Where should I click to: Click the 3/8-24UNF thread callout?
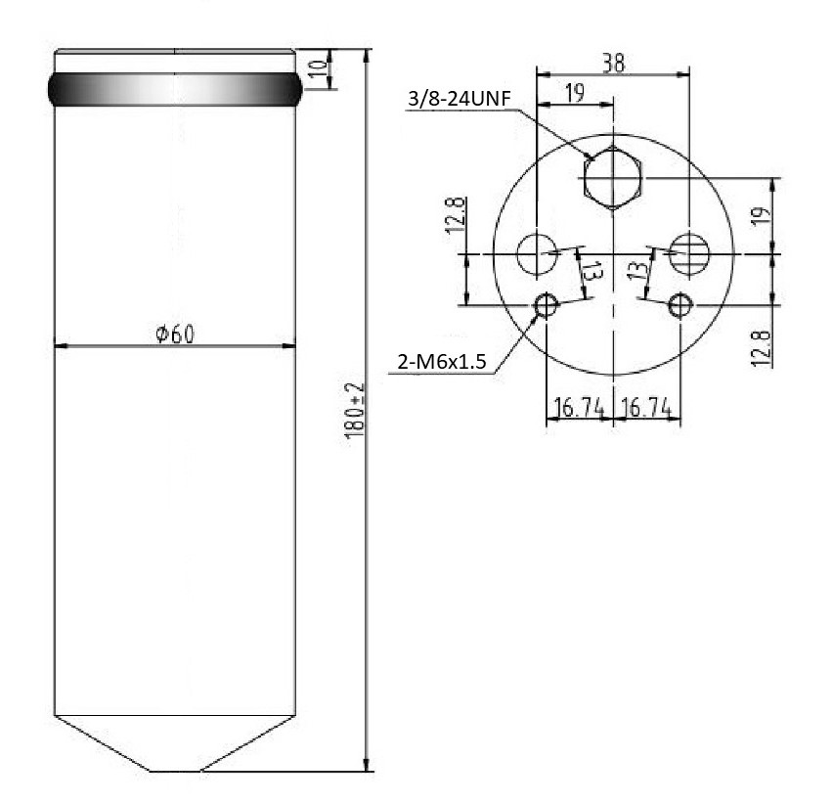(459, 99)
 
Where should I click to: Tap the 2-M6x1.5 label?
(442, 362)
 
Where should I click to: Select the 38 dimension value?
(614, 64)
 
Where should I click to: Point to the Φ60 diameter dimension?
(175, 334)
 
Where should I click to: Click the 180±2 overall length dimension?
(354, 410)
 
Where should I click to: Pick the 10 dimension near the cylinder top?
(318, 68)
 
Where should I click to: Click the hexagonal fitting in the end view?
(613, 177)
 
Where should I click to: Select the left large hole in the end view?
(537, 253)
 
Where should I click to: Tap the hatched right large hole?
(689, 253)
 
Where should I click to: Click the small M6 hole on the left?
(547, 305)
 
